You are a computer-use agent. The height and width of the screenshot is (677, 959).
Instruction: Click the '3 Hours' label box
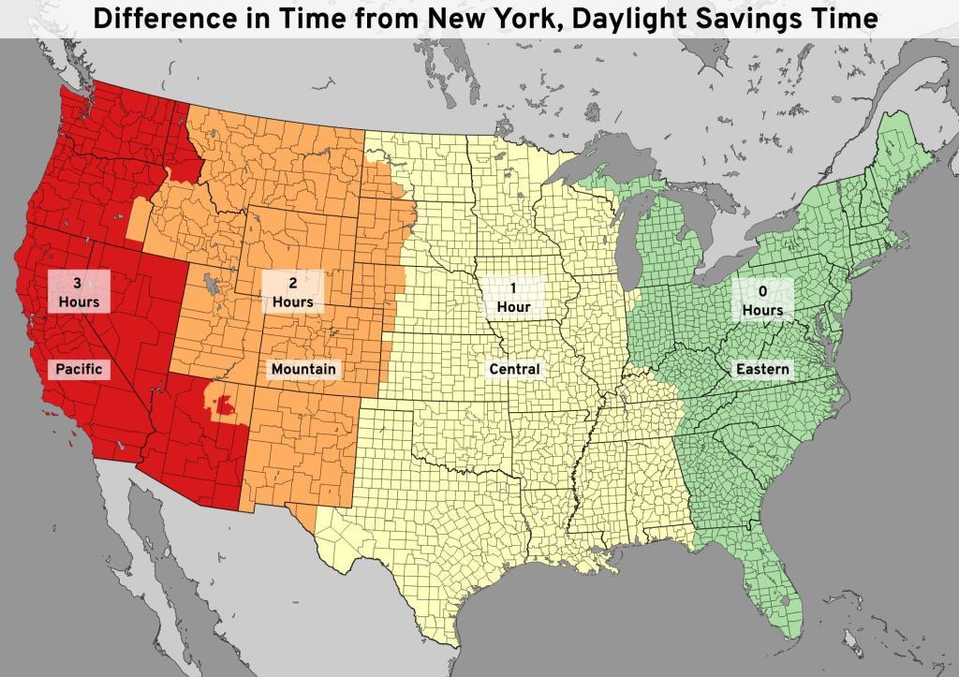(x=79, y=291)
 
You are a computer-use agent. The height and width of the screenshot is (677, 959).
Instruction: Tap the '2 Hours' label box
(x=292, y=291)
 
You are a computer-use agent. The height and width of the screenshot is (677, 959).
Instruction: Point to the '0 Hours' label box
(x=761, y=299)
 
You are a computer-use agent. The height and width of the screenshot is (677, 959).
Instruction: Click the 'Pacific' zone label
(x=79, y=369)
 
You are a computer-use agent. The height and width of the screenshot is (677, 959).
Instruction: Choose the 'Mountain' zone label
(x=302, y=369)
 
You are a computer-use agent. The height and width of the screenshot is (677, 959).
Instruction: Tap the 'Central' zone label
(x=514, y=369)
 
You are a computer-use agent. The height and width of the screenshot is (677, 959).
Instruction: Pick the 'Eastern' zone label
(x=761, y=369)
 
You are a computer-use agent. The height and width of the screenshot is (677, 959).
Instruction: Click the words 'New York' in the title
(x=519, y=19)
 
